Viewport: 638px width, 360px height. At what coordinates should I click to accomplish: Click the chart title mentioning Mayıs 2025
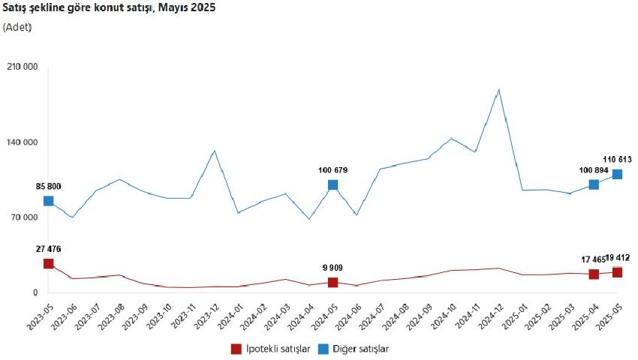pos(109,7)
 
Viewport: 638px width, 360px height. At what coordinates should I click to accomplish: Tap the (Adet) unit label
pos(17,27)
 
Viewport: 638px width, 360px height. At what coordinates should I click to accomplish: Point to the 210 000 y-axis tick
pos(23,67)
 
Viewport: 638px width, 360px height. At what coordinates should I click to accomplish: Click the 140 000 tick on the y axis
pos(23,142)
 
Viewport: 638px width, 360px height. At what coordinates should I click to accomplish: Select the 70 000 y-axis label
pos(25,217)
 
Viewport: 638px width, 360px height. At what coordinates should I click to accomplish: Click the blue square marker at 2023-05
pos(49,200)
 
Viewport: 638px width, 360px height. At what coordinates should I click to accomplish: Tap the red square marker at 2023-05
pos(49,263)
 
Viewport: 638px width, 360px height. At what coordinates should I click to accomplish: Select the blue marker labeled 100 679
pos(333,185)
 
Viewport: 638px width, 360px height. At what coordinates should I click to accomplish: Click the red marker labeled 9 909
pos(333,282)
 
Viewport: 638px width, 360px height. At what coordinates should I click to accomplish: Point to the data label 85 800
pos(49,187)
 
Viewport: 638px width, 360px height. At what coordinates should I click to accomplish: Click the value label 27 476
pos(49,249)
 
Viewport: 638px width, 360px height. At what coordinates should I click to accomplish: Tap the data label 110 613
pos(617,160)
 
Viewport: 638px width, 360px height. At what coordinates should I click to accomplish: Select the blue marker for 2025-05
pos(617,174)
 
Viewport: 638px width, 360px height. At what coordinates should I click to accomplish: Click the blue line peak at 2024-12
pos(499,89)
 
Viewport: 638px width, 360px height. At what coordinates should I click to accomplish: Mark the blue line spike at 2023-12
pos(215,151)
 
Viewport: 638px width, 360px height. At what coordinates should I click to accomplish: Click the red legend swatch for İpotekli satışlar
pos(236,349)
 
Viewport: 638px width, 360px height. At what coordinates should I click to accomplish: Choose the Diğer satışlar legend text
pos(360,349)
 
